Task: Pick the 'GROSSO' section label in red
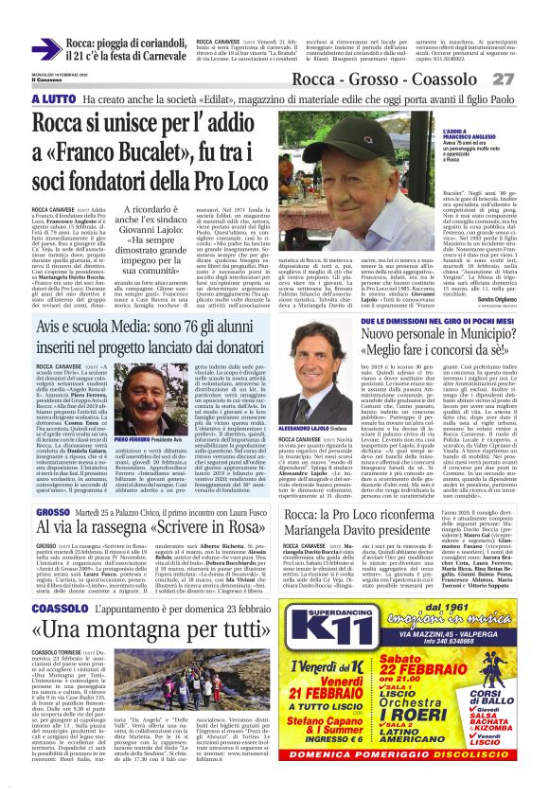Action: (x=53, y=512)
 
